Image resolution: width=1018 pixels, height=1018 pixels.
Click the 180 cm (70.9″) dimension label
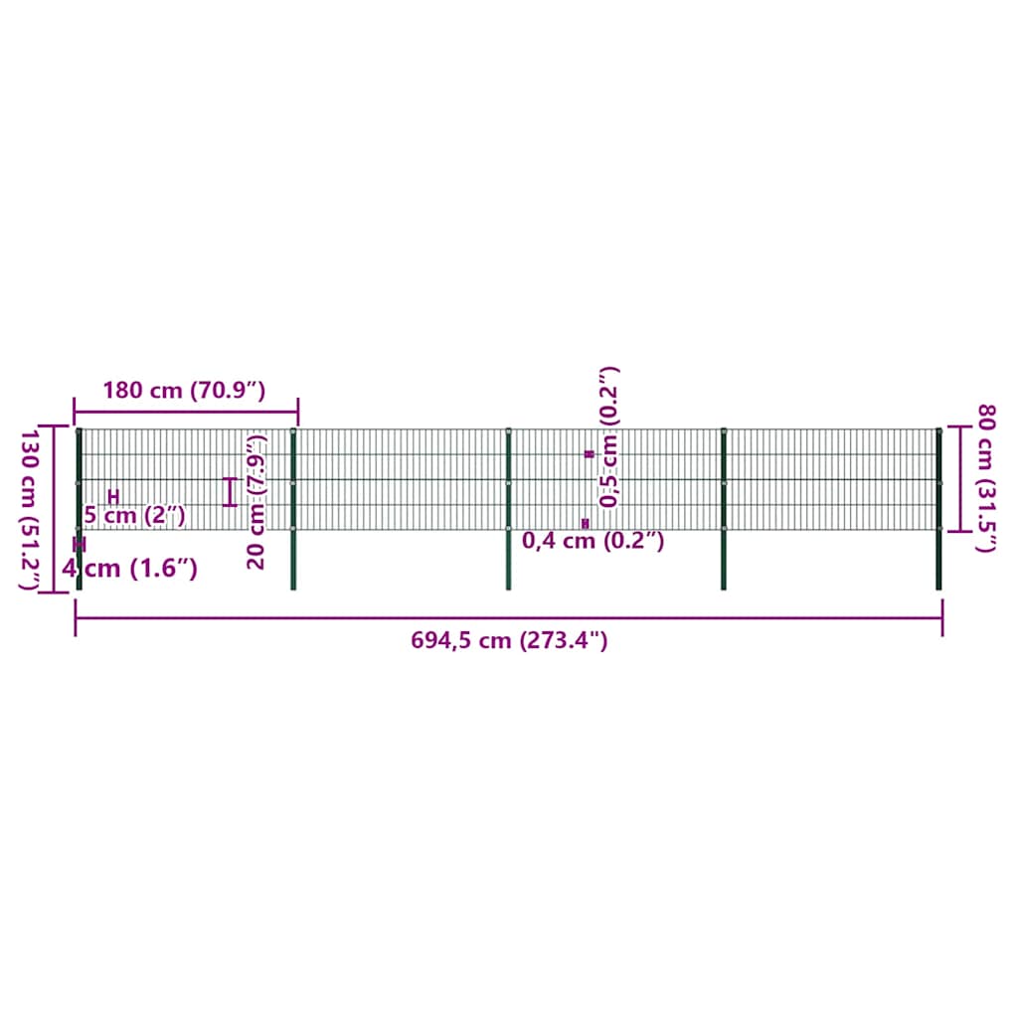tap(184, 390)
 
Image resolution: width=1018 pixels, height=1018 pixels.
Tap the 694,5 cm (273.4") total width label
tap(509, 641)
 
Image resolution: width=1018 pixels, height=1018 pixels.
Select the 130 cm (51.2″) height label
tap(30, 510)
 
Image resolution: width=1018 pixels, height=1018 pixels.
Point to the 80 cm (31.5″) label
tap(985, 478)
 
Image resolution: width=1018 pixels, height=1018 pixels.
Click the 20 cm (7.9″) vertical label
tap(256, 502)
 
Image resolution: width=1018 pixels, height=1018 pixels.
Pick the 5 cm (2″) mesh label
tap(135, 516)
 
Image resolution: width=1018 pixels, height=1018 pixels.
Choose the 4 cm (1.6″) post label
tap(130, 569)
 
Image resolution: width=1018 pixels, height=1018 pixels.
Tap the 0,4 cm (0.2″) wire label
tap(594, 540)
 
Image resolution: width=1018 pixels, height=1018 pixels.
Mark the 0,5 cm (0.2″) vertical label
tap(609, 437)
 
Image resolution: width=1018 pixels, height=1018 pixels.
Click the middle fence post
tap(508, 509)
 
